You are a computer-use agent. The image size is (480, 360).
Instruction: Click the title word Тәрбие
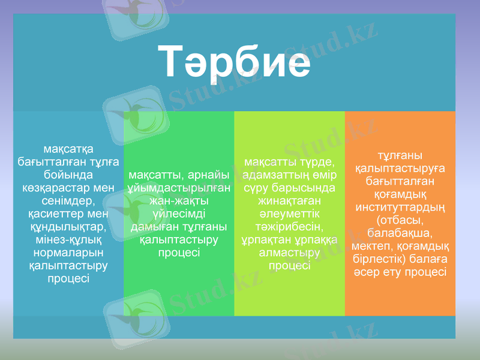click(x=235, y=62)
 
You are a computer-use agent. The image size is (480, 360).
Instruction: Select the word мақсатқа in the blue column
click(x=68, y=148)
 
